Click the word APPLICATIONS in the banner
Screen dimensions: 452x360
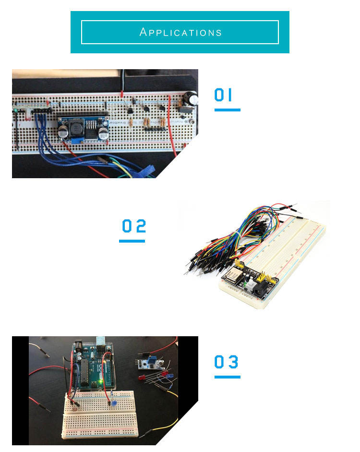pyautogui.click(x=180, y=33)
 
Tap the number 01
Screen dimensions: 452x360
pyautogui.click(x=224, y=95)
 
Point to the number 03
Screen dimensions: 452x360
pyautogui.click(x=227, y=362)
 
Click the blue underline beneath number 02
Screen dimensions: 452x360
pyautogui.click(x=132, y=241)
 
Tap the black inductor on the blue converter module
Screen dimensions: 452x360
pyautogui.click(x=75, y=129)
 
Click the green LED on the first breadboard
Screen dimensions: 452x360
pyautogui.click(x=16, y=111)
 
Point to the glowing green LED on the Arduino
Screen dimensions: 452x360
pyautogui.click(x=100, y=383)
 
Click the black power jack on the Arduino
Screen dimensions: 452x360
pyautogui.click(x=77, y=346)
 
